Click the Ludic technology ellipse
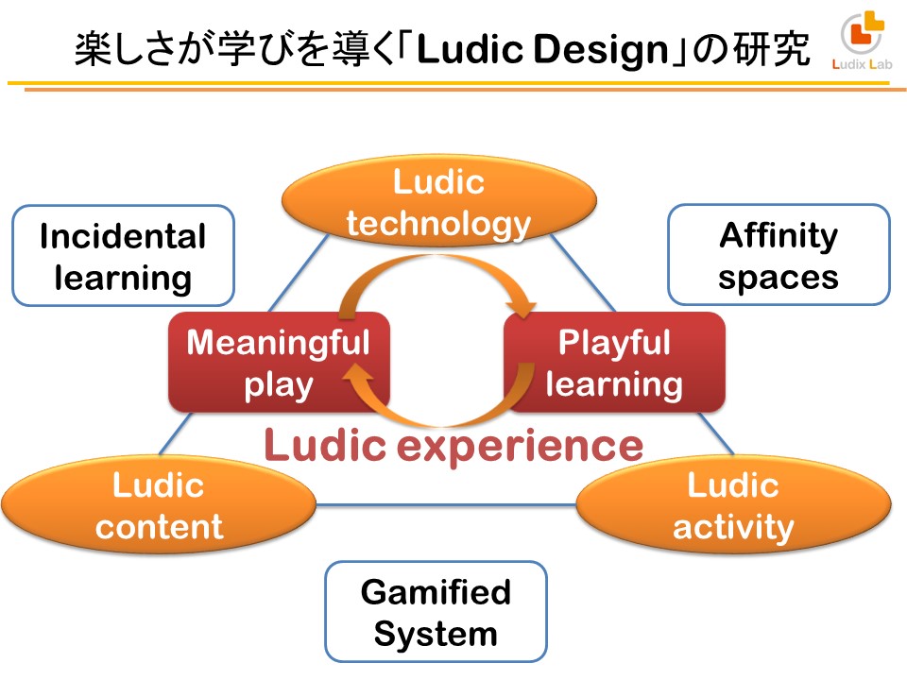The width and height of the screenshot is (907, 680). [x=439, y=201]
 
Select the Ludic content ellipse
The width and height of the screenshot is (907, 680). [x=159, y=504]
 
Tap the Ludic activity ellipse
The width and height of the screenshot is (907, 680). [x=733, y=504]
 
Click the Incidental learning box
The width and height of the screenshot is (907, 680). [x=123, y=256]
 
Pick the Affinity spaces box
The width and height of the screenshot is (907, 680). [x=779, y=254]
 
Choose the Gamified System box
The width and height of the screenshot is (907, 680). [x=436, y=612]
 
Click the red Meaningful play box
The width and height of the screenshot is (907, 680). [x=279, y=363]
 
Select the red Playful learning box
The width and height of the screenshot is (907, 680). [x=614, y=363]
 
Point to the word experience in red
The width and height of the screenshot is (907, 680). [x=520, y=447]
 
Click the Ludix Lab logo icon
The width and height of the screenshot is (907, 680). [x=864, y=32]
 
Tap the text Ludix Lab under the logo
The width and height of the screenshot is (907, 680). [x=862, y=64]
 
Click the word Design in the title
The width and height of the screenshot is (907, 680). [x=601, y=50]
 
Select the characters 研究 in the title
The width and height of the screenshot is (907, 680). [x=771, y=49]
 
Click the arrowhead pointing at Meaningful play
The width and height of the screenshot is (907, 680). [x=357, y=375]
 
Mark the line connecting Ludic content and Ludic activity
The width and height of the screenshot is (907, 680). [x=446, y=505]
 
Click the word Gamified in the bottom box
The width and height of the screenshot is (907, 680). [x=436, y=592]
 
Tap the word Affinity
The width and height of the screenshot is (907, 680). [x=779, y=235]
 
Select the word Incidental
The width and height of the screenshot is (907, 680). [x=123, y=236]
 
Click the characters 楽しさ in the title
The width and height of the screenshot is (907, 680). [x=123, y=49]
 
